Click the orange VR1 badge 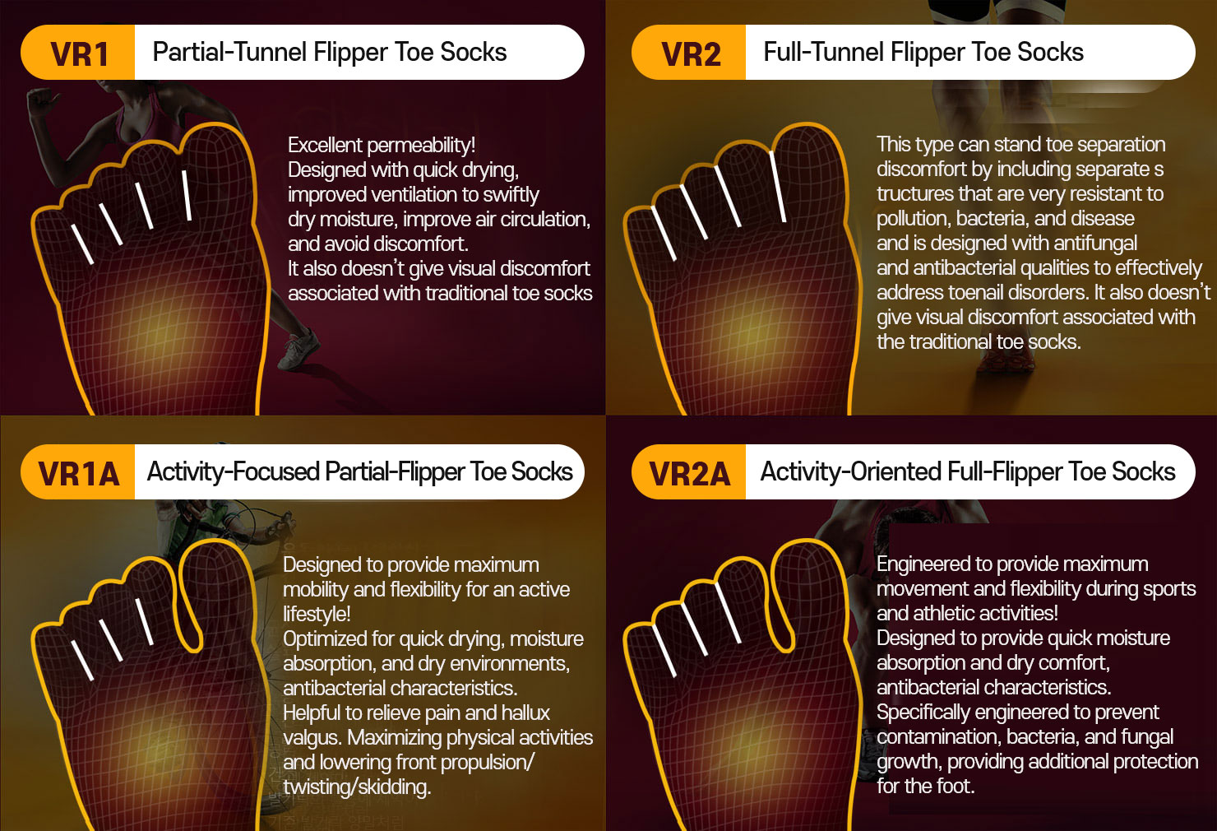coord(78,53)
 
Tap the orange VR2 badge coord(689,53)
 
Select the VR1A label coord(78,472)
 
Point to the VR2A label coord(689,472)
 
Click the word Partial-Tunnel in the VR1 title coord(229,52)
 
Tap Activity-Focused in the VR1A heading coord(233,471)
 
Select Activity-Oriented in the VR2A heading coord(850,471)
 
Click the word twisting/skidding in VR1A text coord(357,787)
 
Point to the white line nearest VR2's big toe coord(777,187)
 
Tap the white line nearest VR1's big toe coord(187,196)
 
